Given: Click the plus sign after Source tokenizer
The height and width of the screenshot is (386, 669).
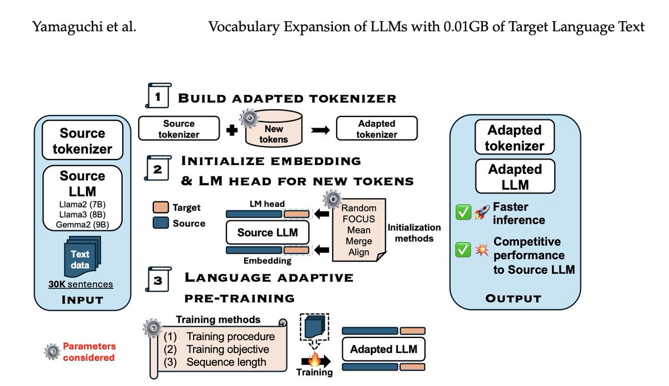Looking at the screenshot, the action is [x=232, y=131].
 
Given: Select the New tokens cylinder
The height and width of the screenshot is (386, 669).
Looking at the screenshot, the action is [x=274, y=128].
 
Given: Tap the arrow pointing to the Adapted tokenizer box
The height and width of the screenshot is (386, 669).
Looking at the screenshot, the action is [x=321, y=131].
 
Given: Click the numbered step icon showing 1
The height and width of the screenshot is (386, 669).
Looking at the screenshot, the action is [x=158, y=95].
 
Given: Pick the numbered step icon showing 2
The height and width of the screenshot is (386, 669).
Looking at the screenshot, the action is [x=158, y=168].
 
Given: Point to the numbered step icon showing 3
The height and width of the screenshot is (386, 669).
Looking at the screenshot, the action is [x=158, y=279].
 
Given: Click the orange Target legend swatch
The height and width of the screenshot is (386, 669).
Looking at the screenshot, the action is [x=161, y=207].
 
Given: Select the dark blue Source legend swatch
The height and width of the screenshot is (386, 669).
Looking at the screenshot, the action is [x=161, y=223].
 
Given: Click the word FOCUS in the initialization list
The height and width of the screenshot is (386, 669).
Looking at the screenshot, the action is [x=358, y=219].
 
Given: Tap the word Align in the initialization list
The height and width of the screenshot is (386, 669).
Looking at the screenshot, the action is [x=358, y=252].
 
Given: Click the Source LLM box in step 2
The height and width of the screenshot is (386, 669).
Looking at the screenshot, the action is [x=268, y=233].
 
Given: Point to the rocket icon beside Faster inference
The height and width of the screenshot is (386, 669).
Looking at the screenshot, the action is [x=482, y=212].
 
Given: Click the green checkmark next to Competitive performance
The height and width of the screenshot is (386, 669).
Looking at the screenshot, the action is [x=463, y=250].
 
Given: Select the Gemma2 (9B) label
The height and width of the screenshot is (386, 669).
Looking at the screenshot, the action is [x=83, y=225].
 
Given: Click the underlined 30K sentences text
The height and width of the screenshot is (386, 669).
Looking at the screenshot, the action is [x=81, y=284].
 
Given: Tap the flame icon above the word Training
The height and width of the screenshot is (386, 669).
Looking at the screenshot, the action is [x=314, y=359].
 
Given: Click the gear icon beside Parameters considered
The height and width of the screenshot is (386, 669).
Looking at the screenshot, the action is [x=52, y=351].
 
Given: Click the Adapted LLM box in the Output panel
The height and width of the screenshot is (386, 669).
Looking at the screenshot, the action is [x=515, y=176].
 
